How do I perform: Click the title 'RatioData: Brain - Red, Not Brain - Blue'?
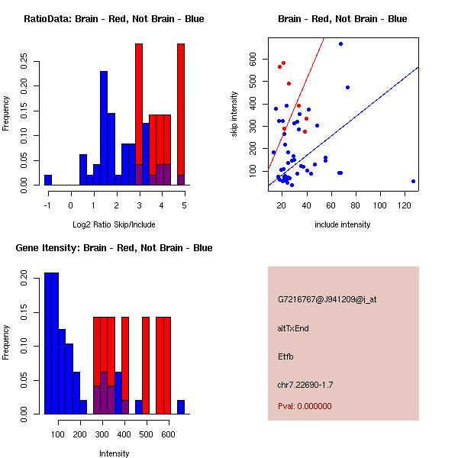point(114,19)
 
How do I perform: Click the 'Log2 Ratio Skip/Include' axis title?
point(114,224)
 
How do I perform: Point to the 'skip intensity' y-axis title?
point(235,114)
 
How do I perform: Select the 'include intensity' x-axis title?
point(343,224)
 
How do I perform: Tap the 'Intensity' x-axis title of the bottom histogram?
point(114,453)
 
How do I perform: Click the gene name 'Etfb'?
point(285,356)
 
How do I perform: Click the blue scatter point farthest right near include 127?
point(413,181)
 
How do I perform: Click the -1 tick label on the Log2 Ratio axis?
point(47,205)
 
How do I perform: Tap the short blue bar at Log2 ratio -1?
point(48,180)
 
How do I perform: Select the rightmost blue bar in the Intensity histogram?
point(181,406)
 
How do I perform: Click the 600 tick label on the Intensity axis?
point(168,434)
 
